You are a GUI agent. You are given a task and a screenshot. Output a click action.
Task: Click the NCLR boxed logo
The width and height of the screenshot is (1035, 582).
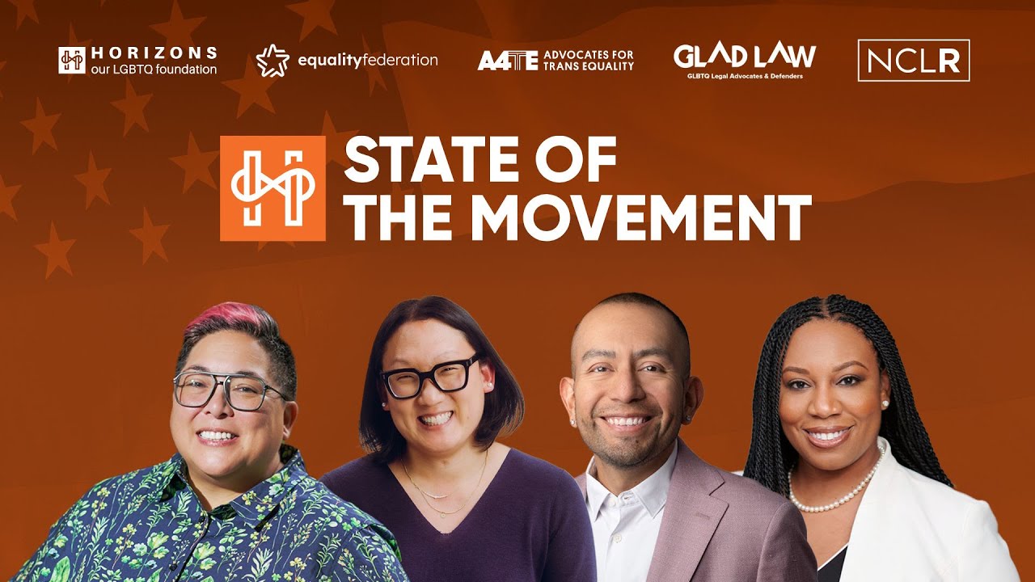[914, 61]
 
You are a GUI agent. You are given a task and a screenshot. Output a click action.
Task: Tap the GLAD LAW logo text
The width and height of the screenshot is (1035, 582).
[745, 56]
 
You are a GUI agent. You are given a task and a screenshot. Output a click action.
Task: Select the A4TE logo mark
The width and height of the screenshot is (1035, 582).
[507, 61]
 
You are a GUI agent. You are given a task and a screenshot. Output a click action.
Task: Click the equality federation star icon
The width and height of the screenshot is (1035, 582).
[272, 61]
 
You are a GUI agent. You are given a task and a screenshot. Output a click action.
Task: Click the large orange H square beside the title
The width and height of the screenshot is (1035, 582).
[272, 188]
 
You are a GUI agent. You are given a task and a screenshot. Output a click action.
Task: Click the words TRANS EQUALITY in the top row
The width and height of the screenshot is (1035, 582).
[589, 66]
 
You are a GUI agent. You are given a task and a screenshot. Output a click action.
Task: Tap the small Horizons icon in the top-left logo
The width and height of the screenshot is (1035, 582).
[72, 61]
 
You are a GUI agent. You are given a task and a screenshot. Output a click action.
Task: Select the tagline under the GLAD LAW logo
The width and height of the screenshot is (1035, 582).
[745, 77]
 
